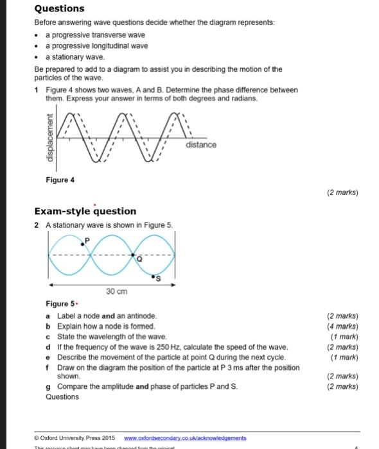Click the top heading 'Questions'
point(58,8)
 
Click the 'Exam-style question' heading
point(85,211)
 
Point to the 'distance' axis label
point(201,145)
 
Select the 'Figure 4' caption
point(60,180)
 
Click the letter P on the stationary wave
point(88,238)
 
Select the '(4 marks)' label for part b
point(342,326)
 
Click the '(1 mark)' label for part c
point(344,337)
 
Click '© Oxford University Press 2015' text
point(76,437)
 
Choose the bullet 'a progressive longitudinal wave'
point(96,46)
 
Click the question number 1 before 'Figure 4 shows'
point(37,90)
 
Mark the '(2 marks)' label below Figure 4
point(342,192)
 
